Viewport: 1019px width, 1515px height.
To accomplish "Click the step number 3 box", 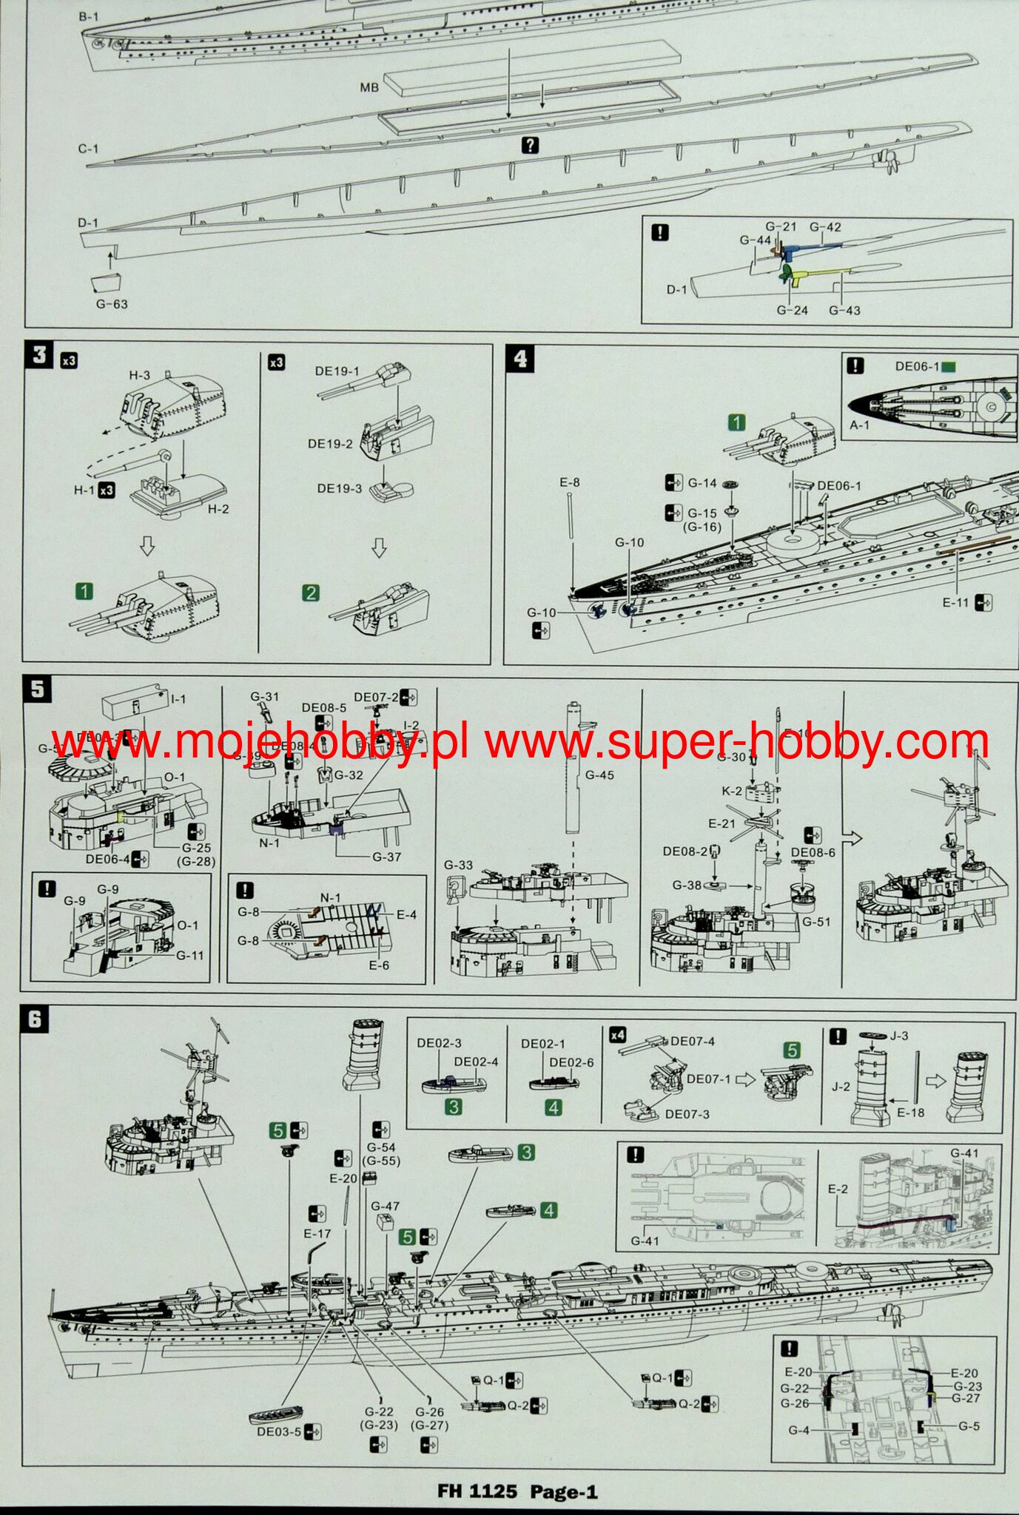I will [x=39, y=355].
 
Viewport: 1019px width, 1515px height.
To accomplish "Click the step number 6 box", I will [x=36, y=1021].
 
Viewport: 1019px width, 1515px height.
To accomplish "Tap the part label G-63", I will [x=112, y=304].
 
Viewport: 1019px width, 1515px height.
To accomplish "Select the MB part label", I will [x=369, y=87].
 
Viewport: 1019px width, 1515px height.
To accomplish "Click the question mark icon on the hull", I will [x=530, y=145].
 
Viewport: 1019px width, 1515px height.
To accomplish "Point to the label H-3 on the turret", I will [x=140, y=376].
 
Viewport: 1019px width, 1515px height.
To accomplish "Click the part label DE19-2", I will [x=330, y=444].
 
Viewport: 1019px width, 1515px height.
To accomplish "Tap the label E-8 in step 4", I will [x=570, y=482].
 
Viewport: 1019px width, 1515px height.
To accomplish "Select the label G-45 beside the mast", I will [x=599, y=775].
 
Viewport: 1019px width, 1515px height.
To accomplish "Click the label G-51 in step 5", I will [x=816, y=922].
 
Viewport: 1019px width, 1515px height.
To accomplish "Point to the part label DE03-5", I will [x=279, y=1431].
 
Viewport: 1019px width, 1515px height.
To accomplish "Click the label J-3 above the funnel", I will [x=899, y=1036].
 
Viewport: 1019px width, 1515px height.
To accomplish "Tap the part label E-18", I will [x=910, y=1112].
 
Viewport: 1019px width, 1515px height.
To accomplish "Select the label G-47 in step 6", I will [x=385, y=1206].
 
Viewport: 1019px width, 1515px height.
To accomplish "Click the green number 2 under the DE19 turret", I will [x=311, y=593].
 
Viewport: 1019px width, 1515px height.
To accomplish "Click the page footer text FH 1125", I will [x=477, y=1491].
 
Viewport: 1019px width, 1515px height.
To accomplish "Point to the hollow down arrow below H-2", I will [x=147, y=547].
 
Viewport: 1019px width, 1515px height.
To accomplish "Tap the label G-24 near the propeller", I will [x=792, y=310].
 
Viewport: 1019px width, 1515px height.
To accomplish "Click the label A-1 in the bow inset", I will [x=860, y=425].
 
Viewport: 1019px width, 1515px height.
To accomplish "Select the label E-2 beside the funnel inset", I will [x=838, y=1189].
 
